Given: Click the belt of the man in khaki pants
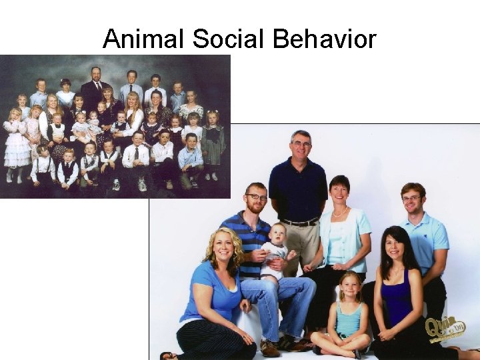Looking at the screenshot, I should pyautogui.click(x=299, y=222).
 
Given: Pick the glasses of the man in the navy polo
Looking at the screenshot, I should pyautogui.click(x=301, y=144).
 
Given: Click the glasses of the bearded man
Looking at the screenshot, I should pyautogui.click(x=256, y=197).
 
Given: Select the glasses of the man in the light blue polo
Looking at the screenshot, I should pyautogui.click(x=412, y=198).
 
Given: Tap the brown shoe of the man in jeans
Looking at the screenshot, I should pyautogui.click(x=270, y=348).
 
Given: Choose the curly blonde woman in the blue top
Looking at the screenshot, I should pyautogui.click(x=213, y=293).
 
